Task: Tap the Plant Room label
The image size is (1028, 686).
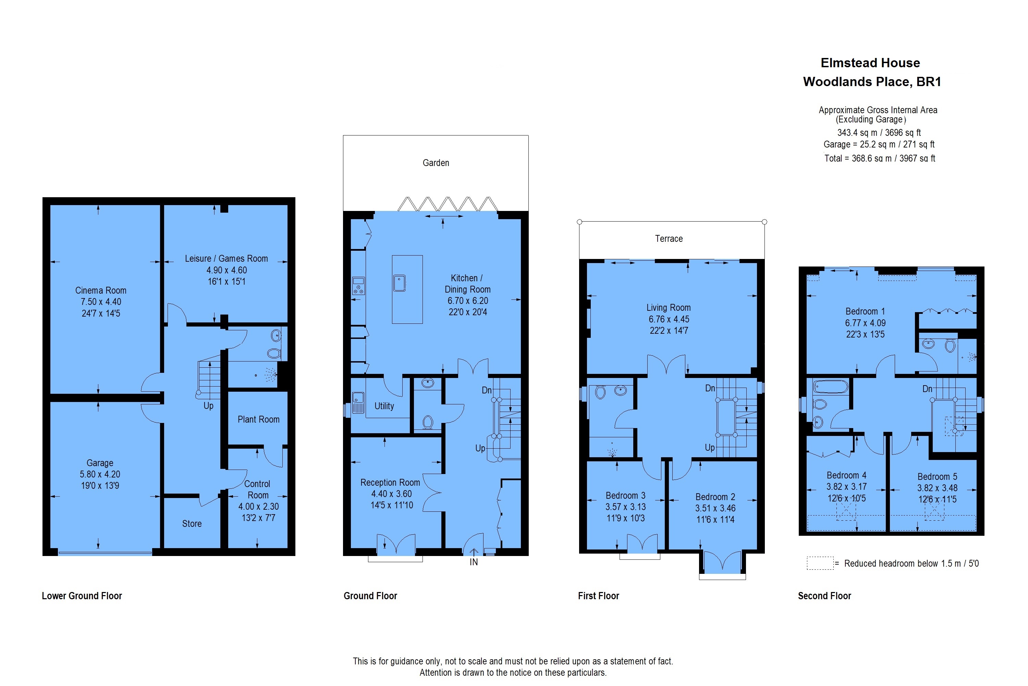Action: (x=258, y=419)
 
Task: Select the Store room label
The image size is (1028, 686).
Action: (x=192, y=524)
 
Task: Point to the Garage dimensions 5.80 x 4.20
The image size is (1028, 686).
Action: (x=100, y=474)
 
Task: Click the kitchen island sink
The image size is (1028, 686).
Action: (x=400, y=283)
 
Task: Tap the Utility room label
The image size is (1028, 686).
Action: (x=384, y=406)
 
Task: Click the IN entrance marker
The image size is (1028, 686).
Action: (x=474, y=562)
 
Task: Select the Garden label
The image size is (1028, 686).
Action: (x=436, y=163)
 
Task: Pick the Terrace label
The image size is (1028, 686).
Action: (x=669, y=238)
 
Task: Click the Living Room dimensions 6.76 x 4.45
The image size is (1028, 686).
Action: (x=669, y=319)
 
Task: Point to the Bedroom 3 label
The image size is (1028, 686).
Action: (x=625, y=496)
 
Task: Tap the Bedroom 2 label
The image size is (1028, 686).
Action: (x=715, y=497)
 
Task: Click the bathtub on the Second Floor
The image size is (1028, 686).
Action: (x=830, y=387)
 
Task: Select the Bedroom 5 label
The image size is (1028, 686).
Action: (x=937, y=477)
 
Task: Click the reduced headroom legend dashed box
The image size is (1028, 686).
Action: (x=820, y=563)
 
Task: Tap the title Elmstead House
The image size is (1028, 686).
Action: (x=870, y=63)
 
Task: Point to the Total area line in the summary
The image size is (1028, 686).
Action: (x=880, y=158)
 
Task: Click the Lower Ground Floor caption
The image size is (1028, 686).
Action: (x=82, y=596)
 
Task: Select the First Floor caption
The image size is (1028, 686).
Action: (x=598, y=596)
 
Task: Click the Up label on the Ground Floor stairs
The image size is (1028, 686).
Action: (x=480, y=448)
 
